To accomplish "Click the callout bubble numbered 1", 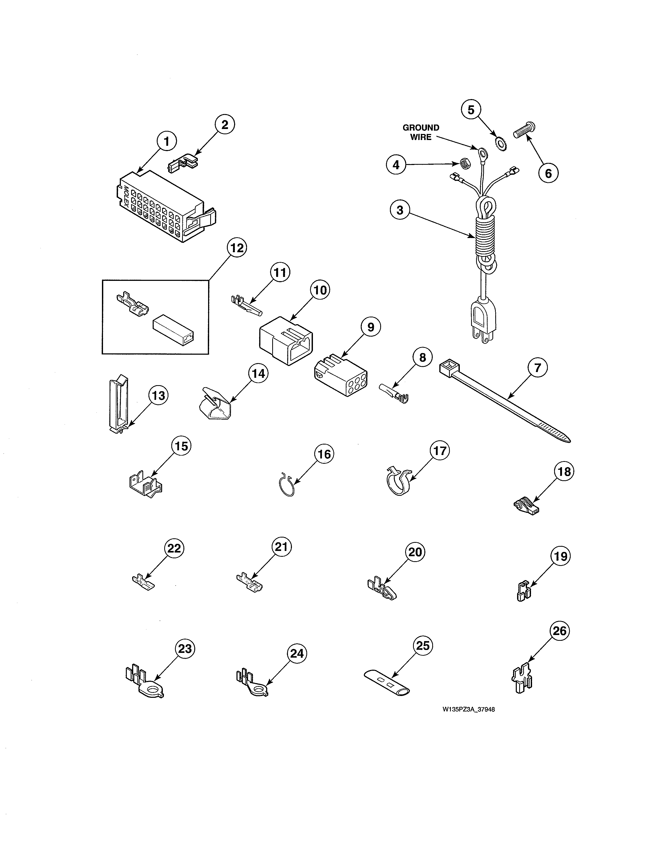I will click(166, 142).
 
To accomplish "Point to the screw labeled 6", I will click(524, 131).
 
